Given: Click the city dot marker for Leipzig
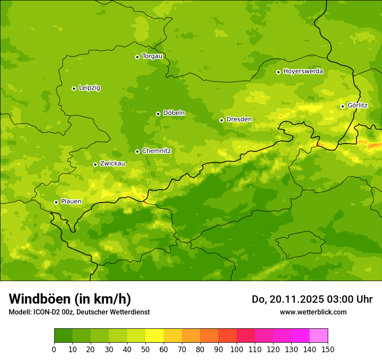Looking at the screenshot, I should pos(74,88).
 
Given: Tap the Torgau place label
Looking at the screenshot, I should pos(152,56).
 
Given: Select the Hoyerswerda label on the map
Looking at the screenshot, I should pos(303,72).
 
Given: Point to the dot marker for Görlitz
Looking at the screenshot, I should pos(342,106).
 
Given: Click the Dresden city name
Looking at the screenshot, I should pos(239,120).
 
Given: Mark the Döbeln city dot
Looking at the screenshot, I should pos(158,114).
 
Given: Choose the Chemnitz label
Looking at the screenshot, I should pos(156,151).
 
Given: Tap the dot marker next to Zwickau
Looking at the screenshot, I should pos(95,164).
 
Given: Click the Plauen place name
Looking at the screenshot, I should pos(71,202).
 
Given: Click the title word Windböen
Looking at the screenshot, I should pos(40,299).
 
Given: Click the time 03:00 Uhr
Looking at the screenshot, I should pos(351,299).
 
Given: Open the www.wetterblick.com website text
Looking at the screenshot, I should pos(313,312).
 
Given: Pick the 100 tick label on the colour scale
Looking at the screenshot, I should pos(237,349).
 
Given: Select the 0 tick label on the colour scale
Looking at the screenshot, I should pos(54,349).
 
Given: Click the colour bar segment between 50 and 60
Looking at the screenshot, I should pos(155,336).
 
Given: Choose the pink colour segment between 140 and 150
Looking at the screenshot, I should pos(319,336).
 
